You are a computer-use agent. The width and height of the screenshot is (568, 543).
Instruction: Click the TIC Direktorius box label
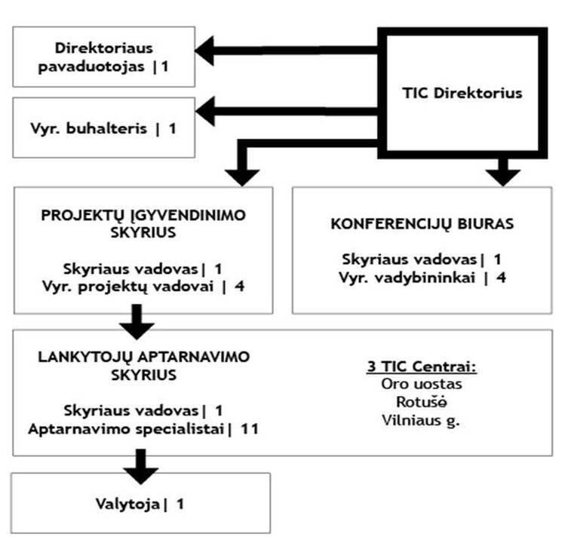coord(462,93)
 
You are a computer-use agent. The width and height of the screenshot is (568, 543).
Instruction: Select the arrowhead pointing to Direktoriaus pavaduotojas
coord(204,51)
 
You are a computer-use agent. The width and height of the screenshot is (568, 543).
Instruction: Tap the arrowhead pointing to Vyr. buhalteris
coord(205,111)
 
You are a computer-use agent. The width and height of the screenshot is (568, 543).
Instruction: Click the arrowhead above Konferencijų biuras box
coord(503,177)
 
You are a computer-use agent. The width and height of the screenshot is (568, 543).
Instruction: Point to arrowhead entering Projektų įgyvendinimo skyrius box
coord(242,177)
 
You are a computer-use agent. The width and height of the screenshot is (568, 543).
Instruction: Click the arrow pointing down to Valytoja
coord(140,467)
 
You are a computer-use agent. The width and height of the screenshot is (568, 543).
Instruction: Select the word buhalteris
coord(106,129)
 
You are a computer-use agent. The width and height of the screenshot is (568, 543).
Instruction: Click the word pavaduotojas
coord(91,67)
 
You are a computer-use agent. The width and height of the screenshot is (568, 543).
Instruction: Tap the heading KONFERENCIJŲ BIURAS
coord(422,224)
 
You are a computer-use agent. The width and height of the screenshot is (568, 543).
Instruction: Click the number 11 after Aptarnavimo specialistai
coord(250,429)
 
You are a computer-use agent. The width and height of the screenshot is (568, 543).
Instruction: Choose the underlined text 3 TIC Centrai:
coord(422,367)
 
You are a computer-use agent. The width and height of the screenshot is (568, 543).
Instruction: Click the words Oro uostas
coord(422,384)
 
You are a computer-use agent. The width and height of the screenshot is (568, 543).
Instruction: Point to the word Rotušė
coord(422,402)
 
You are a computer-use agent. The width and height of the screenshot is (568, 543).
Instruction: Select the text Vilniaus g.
coord(421,421)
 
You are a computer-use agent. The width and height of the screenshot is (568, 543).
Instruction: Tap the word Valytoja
coord(128,505)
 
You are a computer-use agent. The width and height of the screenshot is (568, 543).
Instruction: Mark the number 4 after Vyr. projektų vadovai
coord(239,287)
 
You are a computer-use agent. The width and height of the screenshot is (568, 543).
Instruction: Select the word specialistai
coord(180,430)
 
